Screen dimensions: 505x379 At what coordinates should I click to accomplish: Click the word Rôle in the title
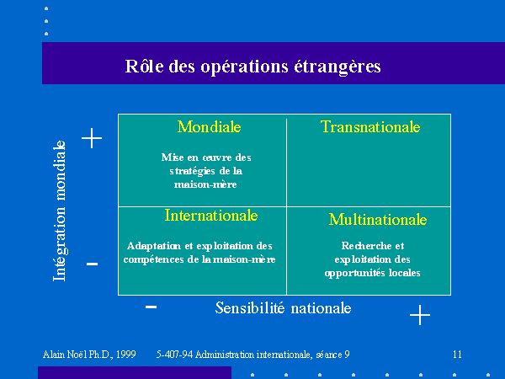(x=144, y=66)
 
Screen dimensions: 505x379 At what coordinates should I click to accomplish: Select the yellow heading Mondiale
(x=210, y=126)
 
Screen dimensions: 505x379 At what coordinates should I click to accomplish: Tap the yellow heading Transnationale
(x=370, y=126)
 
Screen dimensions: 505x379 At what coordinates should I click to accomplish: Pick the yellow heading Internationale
(x=211, y=216)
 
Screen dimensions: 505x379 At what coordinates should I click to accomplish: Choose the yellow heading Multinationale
(x=378, y=220)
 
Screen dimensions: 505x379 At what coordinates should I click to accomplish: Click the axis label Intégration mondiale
(x=60, y=211)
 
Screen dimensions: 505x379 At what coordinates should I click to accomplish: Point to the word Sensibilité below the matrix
(x=250, y=307)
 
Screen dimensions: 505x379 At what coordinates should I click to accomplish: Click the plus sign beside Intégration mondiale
(x=92, y=138)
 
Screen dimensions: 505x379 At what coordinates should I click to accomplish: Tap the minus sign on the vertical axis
(x=92, y=264)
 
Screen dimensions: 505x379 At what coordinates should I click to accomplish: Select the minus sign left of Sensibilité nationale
(x=151, y=307)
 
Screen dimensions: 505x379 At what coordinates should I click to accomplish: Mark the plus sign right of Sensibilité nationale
(x=420, y=314)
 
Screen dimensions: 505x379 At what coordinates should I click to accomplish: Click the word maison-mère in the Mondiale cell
(x=205, y=184)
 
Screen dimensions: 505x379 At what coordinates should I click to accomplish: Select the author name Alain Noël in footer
(x=65, y=355)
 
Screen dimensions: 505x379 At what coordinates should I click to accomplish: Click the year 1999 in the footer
(x=126, y=355)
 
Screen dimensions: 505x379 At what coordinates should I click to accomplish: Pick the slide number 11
(x=457, y=355)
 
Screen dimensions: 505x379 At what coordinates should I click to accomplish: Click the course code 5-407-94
(x=174, y=355)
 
